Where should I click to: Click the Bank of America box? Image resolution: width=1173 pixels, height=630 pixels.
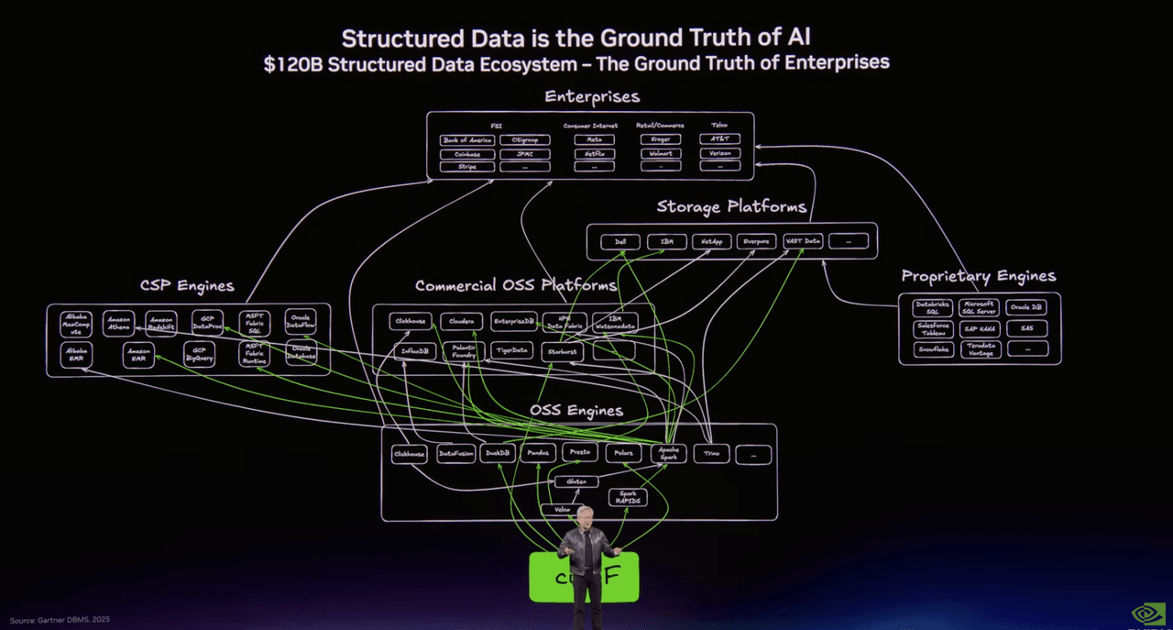(467, 140)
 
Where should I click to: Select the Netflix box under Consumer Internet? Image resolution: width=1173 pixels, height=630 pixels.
(594, 154)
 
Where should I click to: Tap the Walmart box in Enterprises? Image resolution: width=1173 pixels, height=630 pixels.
(660, 154)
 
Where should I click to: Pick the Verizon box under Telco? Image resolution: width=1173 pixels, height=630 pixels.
(719, 154)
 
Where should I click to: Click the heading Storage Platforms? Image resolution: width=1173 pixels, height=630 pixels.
(731, 207)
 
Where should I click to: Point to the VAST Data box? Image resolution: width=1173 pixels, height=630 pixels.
(804, 242)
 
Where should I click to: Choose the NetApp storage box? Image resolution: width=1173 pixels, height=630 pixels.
(711, 242)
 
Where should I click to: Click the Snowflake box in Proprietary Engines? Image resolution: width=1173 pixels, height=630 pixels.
(933, 349)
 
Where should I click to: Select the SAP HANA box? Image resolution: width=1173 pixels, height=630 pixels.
(980, 329)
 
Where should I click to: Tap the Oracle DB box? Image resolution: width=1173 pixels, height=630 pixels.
(1026, 308)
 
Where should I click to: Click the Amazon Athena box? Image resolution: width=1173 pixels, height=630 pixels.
(118, 323)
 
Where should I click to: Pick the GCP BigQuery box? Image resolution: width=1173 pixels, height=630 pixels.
(199, 354)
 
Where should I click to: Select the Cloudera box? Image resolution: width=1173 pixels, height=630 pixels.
(461, 322)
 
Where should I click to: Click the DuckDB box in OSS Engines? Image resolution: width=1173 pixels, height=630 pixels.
(498, 453)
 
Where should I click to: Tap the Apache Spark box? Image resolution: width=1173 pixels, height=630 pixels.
(669, 453)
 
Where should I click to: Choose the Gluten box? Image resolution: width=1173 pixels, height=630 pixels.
(576, 481)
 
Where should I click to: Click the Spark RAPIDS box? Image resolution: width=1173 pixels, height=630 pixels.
(628, 498)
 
